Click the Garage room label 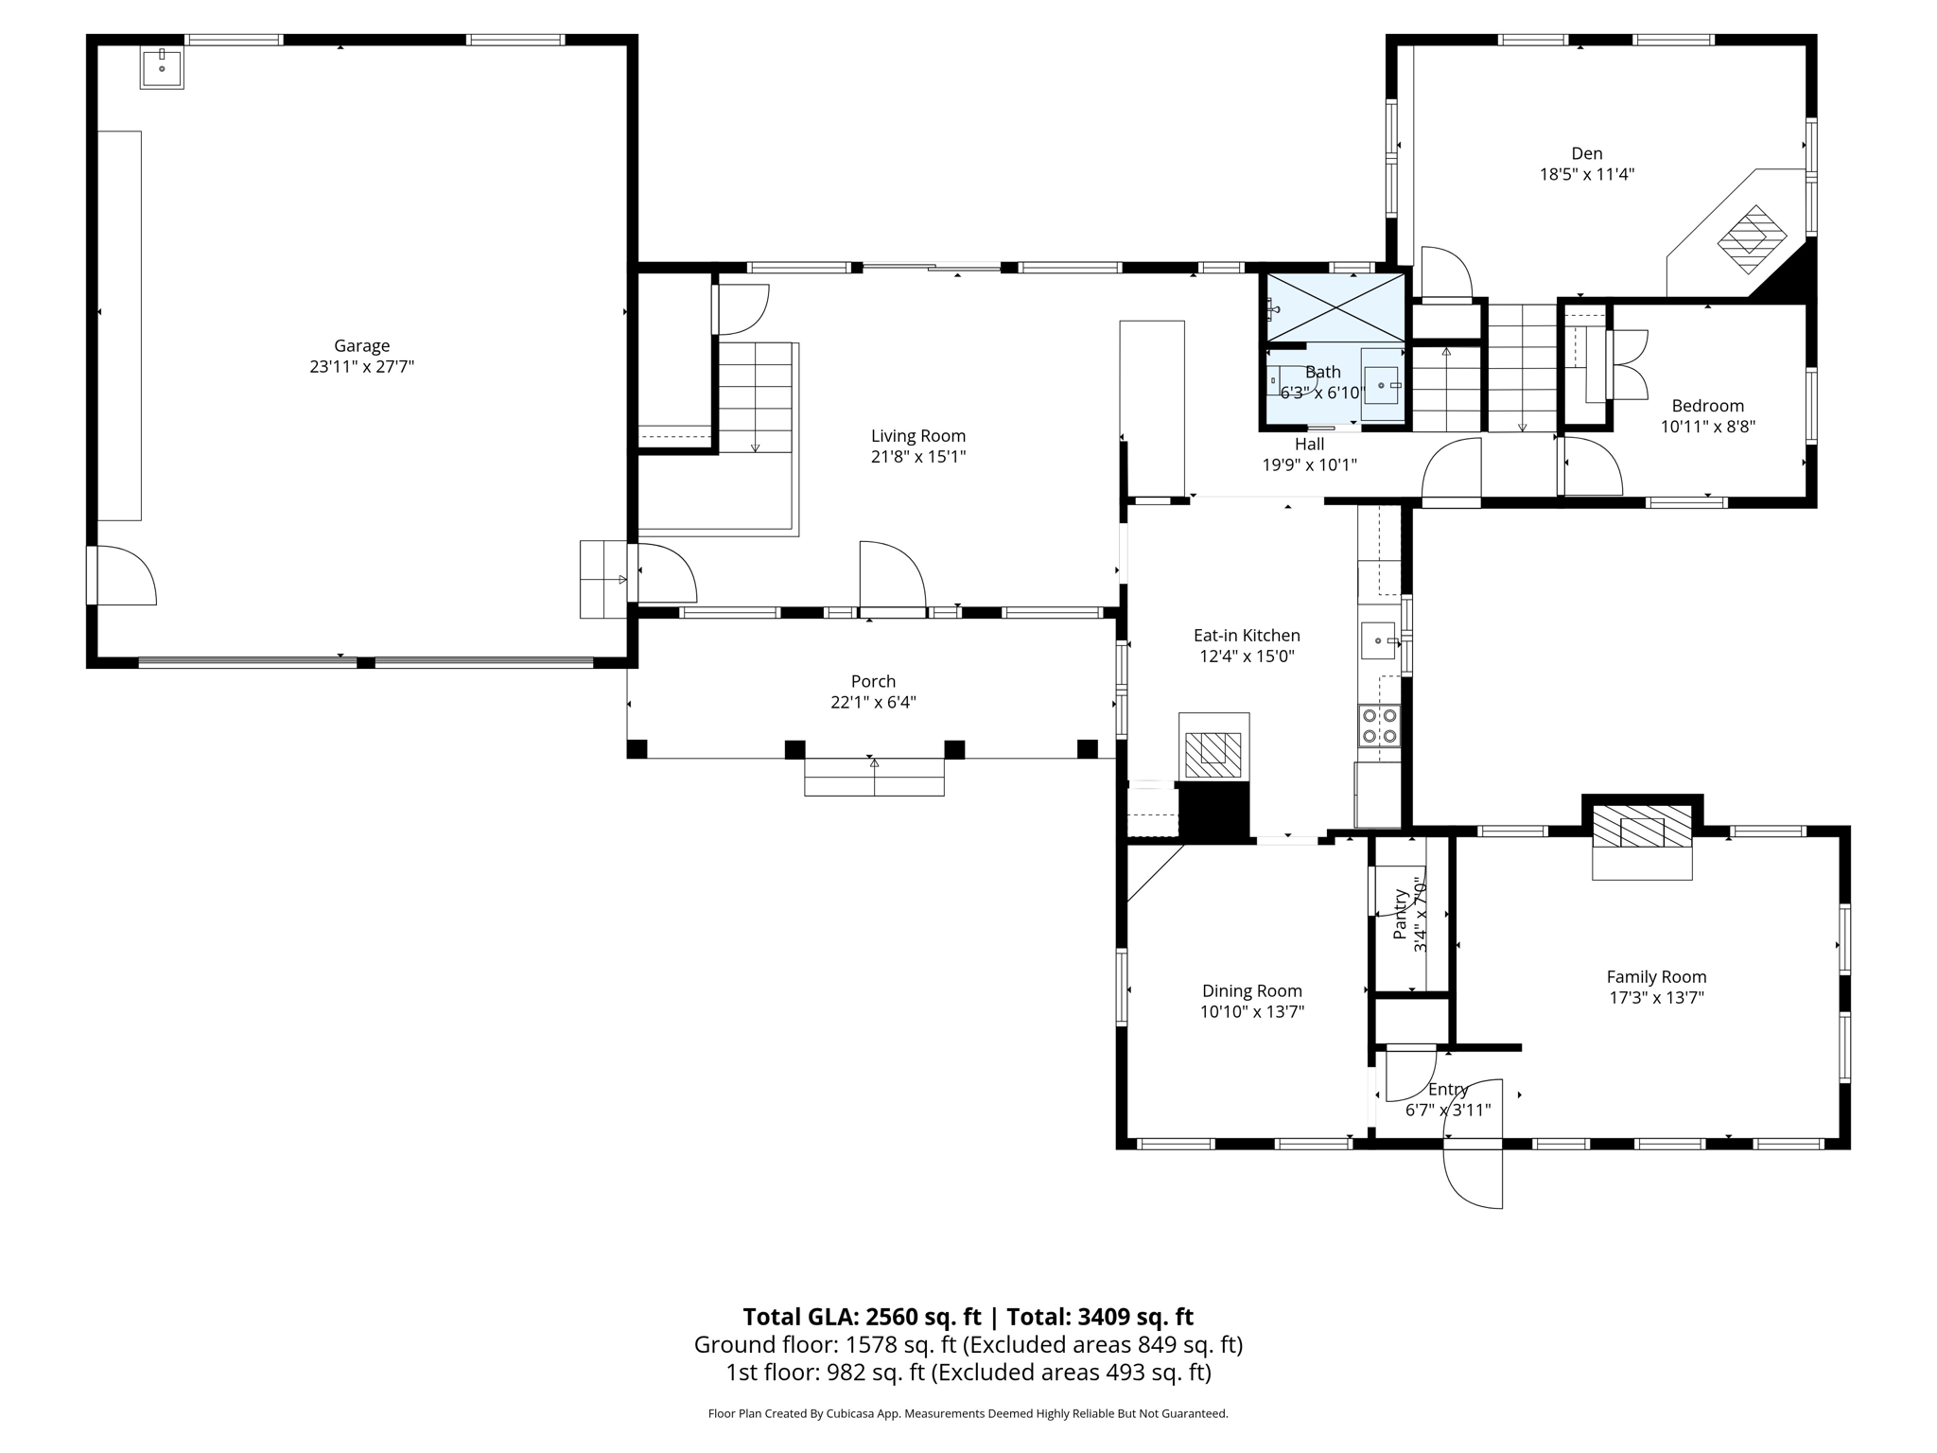(361, 346)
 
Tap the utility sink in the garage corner (162, 67)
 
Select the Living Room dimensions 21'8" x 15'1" (917, 457)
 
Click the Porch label (873, 681)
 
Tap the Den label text (1586, 153)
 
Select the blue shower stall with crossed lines (1335, 306)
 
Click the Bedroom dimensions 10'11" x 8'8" (1707, 427)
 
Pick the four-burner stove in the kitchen (1379, 726)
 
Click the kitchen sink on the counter (1378, 640)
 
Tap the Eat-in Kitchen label (1246, 636)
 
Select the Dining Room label (1251, 990)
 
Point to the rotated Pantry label (1401, 914)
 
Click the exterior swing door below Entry (1473, 1175)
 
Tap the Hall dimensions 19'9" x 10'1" (1309, 464)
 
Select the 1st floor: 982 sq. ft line (968, 1372)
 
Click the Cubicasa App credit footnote (968, 1413)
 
